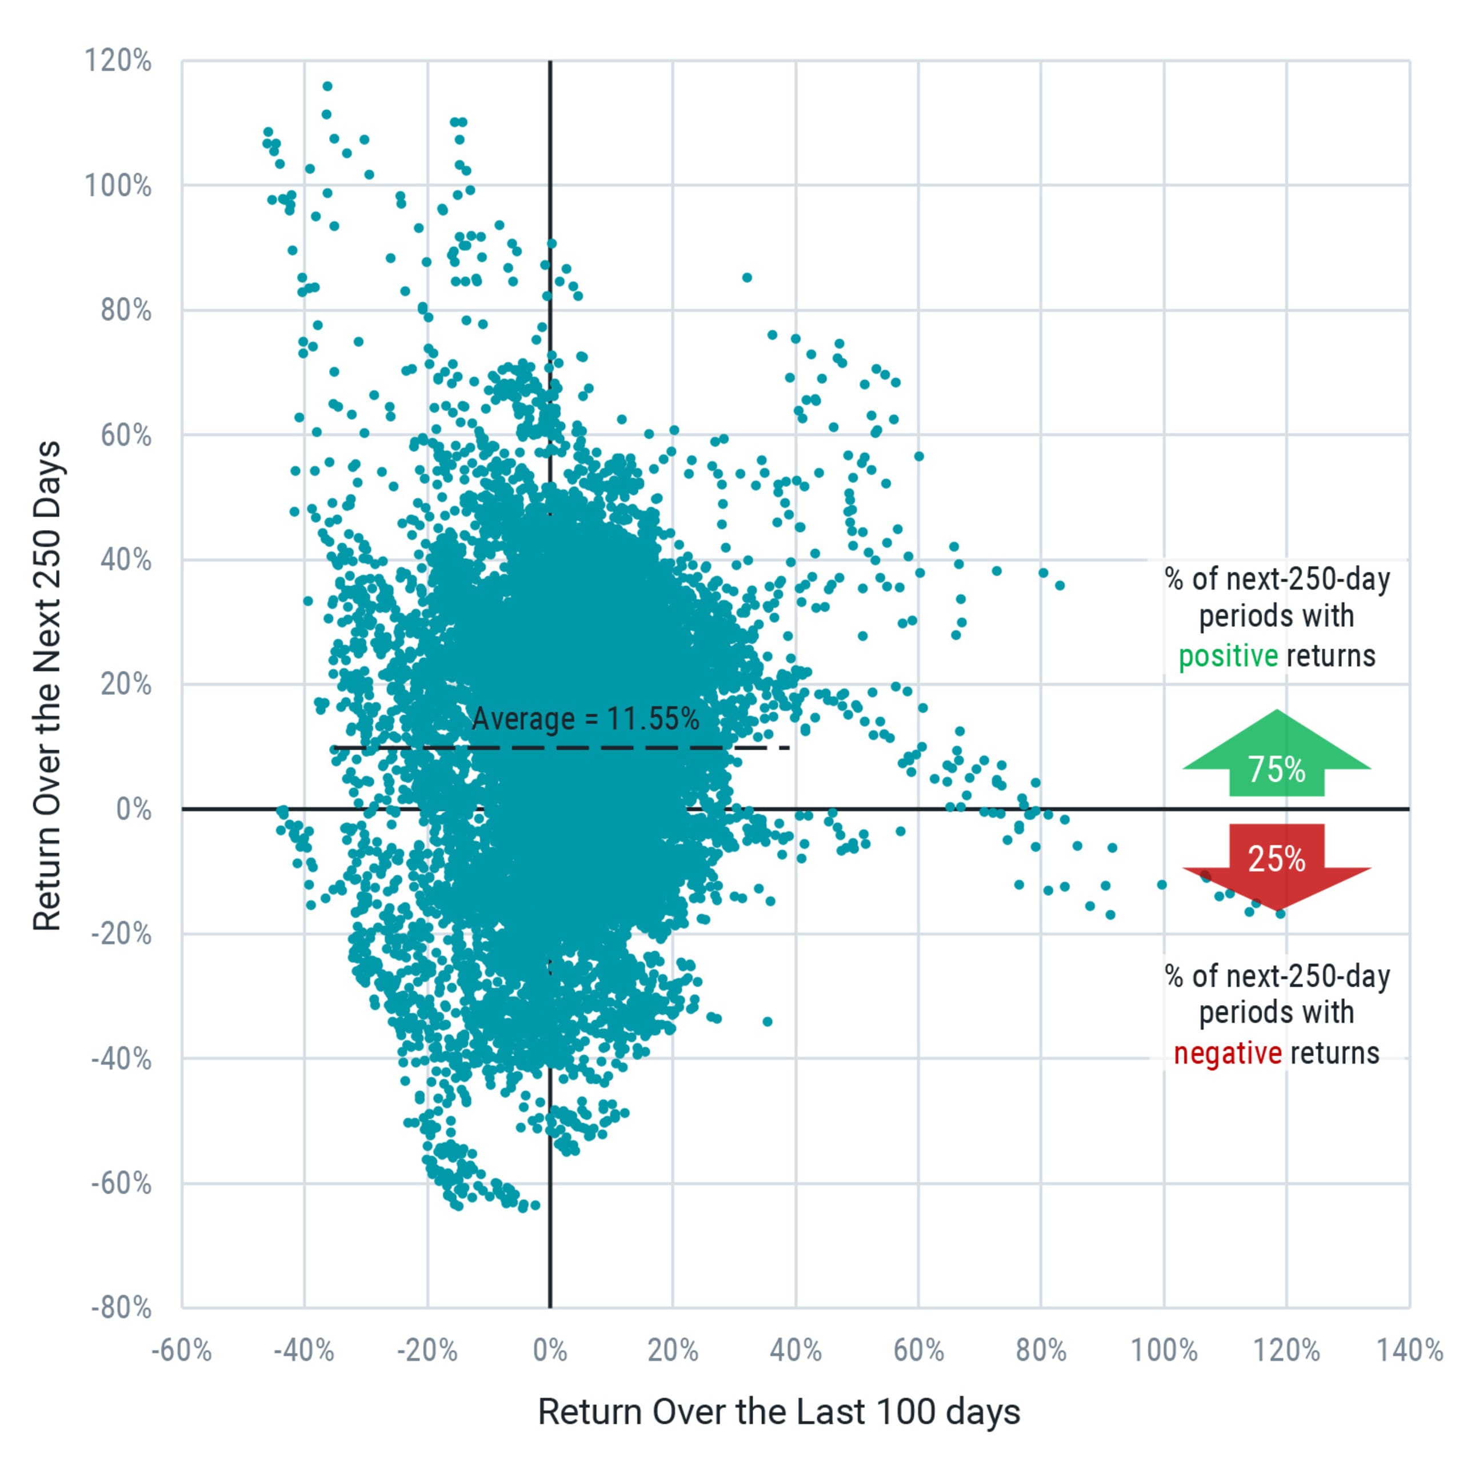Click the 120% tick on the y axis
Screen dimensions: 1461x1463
click(x=118, y=61)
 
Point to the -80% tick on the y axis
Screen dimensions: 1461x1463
click(x=121, y=1307)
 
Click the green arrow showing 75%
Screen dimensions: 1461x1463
click(x=1277, y=758)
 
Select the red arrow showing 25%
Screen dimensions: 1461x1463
click(x=1277, y=862)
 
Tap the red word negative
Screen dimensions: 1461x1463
click(x=1228, y=1053)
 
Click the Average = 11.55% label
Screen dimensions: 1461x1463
click(x=585, y=718)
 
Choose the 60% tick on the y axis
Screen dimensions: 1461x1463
click(x=126, y=435)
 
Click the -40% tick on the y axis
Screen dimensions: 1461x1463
click(x=121, y=1058)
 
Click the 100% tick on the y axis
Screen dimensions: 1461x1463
click(x=118, y=186)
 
